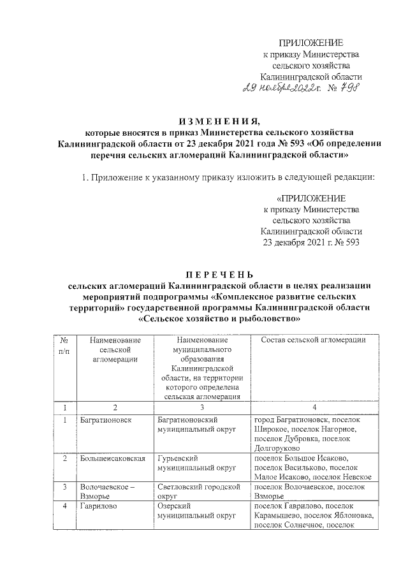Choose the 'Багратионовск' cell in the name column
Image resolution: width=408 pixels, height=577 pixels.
tap(105, 420)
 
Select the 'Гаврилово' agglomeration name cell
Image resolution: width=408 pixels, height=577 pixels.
tap(98, 506)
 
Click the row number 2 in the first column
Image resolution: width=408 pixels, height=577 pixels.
tap(64, 458)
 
